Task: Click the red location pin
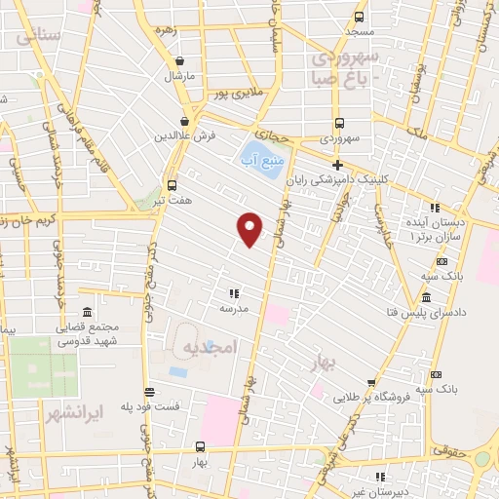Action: point(250,229)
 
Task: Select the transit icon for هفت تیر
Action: point(173,185)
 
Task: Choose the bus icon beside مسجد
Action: point(360,17)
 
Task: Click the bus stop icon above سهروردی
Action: point(339,123)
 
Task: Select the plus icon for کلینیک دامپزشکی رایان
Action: point(337,165)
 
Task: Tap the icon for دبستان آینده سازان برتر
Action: point(435,208)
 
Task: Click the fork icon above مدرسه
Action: point(233,292)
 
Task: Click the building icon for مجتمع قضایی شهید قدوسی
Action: point(88,312)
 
